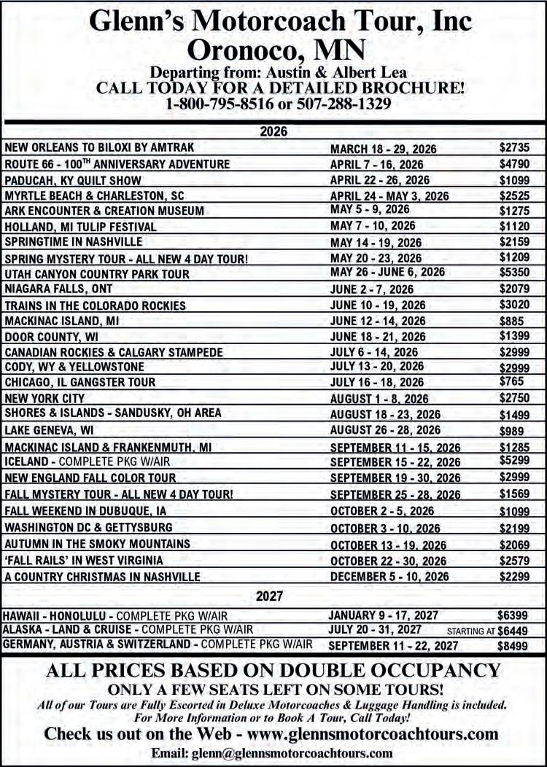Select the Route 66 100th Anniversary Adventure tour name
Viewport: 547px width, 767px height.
click(117, 164)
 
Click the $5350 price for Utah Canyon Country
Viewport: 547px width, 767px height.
click(514, 272)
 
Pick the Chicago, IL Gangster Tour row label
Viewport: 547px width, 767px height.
click(80, 382)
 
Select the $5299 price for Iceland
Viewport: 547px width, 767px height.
click(514, 461)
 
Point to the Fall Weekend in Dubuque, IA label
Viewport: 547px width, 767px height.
click(85, 511)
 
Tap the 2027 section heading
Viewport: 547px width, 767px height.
click(273, 597)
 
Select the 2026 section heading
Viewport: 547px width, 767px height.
click(273, 132)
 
